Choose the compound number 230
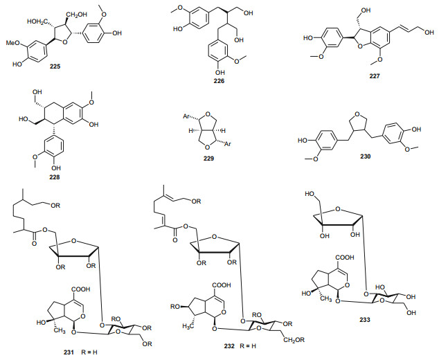pos(360,156)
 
